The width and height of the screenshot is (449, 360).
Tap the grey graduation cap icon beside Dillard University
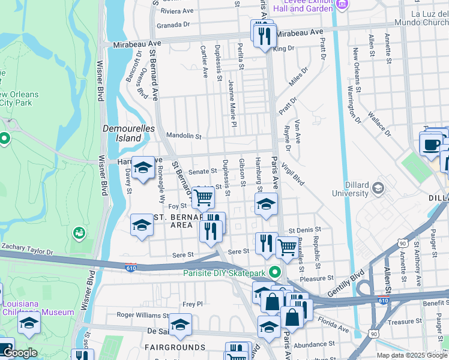[x=378, y=188]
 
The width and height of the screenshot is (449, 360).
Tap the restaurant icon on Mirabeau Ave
[x=265, y=37]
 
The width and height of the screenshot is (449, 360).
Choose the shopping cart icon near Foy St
[x=203, y=196]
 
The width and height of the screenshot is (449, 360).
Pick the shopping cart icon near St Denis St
[x=287, y=245]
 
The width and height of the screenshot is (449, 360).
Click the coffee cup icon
[x=431, y=145]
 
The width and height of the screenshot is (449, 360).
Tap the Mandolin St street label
[x=184, y=136]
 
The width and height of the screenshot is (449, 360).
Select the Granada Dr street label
[x=173, y=25]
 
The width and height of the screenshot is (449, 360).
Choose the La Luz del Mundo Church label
[x=420, y=17]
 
